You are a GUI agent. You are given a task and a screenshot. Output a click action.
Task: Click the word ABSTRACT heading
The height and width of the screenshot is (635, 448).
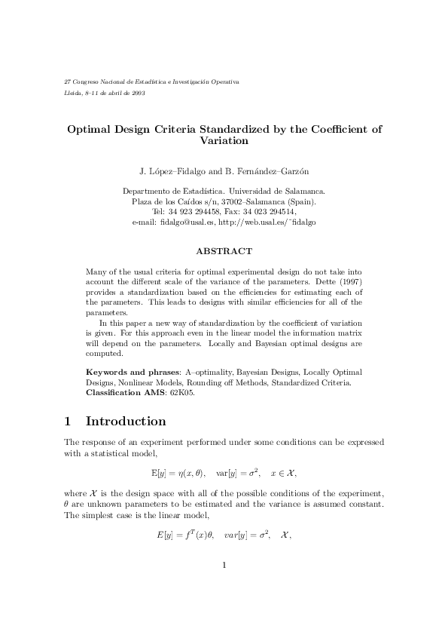point(224,250)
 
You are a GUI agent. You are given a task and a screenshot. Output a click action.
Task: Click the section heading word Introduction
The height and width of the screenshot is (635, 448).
point(126,421)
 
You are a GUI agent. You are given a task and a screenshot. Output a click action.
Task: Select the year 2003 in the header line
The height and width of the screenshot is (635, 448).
point(138,93)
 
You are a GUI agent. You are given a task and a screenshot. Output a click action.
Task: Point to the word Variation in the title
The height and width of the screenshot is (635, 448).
point(224,140)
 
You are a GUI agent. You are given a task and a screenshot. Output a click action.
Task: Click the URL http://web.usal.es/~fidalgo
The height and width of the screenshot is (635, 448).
point(267,223)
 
